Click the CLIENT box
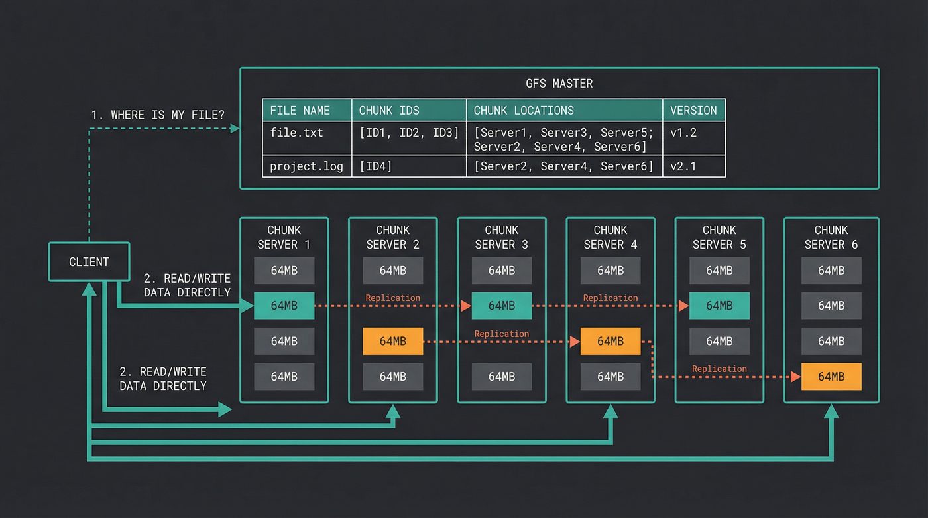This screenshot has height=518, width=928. pyautogui.click(x=89, y=261)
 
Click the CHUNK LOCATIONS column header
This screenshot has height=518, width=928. pyautogui.click(x=524, y=110)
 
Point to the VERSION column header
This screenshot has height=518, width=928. pyautogui.click(x=693, y=110)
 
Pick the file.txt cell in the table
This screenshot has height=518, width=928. pyautogui.click(x=296, y=132)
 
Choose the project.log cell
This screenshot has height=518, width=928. pyautogui.click(x=306, y=166)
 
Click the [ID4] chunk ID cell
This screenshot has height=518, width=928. pyautogui.click(x=375, y=166)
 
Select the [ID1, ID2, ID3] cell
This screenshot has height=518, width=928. pyautogui.click(x=409, y=132)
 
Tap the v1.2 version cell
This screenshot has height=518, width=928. pyautogui.click(x=683, y=132)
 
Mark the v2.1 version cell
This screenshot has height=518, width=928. pyautogui.click(x=683, y=166)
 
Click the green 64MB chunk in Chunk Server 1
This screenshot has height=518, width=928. pyautogui.click(x=284, y=306)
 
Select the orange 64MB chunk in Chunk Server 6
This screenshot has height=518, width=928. pyautogui.click(x=831, y=377)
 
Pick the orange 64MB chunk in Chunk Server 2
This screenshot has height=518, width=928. pyautogui.click(x=392, y=341)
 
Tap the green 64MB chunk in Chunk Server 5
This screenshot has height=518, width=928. pyautogui.click(x=719, y=306)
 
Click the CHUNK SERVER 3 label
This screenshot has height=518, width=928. pyautogui.click(x=502, y=237)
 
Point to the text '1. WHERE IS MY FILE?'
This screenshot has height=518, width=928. pyautogui.click(x=158, y=115)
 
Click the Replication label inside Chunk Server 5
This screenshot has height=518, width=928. pyautogui.click(x=719, y=369)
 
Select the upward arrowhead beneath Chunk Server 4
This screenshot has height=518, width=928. pyautogui.click(x=610, y=411)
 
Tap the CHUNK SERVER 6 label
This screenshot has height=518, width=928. pyautogui.click(x=831, y=237)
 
